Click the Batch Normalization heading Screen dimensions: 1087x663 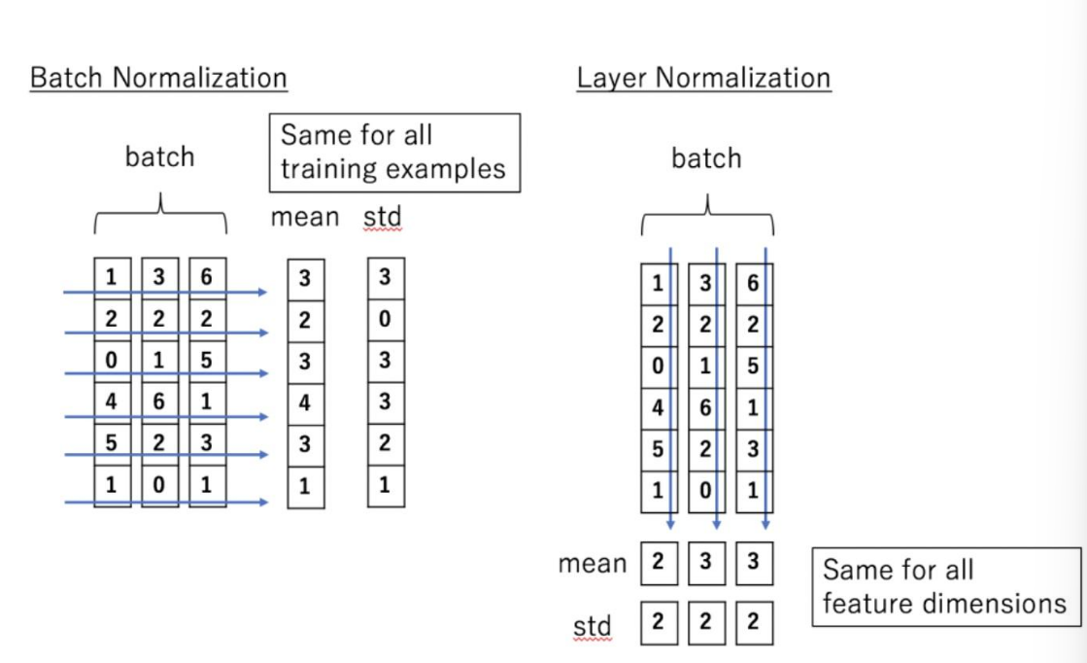pyautogui.click(x=158, y=78)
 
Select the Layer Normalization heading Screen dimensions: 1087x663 pyautogui.click(x=703, y=78)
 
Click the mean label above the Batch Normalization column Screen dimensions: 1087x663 pyautogui.click(x=304, y=218)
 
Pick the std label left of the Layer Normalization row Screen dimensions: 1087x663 pyautogui.click(x=592, y=626)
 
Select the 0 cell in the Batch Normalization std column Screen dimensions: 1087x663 pyautogui.click(x=387, y=320)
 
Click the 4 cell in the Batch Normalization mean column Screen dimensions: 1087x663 pyautogui.click(x=306, y=402)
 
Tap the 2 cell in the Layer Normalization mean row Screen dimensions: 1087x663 pyautogui.click(x=660, y=562)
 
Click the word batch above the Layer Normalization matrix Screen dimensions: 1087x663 pyautogui.click(x=706, y=158)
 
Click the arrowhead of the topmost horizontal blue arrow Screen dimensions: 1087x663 pyautogui.click(x=262, y=292)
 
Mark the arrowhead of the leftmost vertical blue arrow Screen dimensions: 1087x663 pyautogui.click(x=670, y=525)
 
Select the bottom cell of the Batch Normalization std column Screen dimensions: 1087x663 pyautogui.click(x=387, y=485)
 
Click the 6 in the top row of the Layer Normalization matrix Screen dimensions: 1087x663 pyautogui.click(x=754, y=284)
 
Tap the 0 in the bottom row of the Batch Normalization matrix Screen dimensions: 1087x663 pyautogui.click(x=159, y=485)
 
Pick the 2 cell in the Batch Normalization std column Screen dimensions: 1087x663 pyautogui.click(x=387, y=444)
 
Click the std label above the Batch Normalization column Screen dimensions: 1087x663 pyautogui.click(x=383, y=218)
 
